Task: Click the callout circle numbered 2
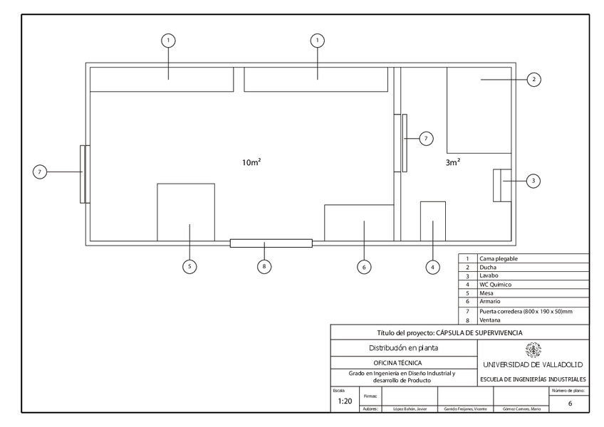pyautogui.click(x=533, y=80)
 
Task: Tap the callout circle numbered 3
pyautogui.click(x=533, y=181)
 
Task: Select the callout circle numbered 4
pyautogui.click(x=432, y=267)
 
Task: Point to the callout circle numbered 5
pyautogui.click(x=189, y=267)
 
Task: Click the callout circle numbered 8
pyautogui.click(x=264, y=267)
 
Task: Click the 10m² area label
pyautogui.click(x=251, y=162)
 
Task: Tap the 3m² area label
pyautogui.click(x=453, y=162)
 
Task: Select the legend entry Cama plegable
pyautogui.click(x=499, y=259)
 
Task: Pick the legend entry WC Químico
pyautogui.click(x=496, y=284)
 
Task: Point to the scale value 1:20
pyautogui.click(x=345, y=401)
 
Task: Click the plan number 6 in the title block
pyautogui.click(x=570, y=404)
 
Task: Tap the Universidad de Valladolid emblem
pyautogui.click(x=533, y=350)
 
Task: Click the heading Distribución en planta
pyautogui.click(x=403, y=348)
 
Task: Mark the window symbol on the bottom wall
pyautogui.click(x=271, y=243)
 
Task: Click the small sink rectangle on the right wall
pyautogui.click(x=498, y=185)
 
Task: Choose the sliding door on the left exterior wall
pyautogui.click(x=84, y=174)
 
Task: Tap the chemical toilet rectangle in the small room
pyautogui.click(x=432, y=221)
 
